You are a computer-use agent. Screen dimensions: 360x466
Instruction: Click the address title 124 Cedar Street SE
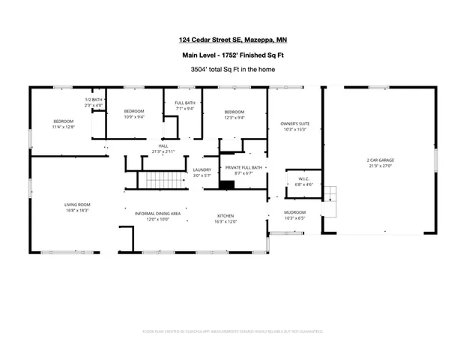[x=232, y=40]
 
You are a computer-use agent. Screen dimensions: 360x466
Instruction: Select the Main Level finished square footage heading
[x=232, y=55]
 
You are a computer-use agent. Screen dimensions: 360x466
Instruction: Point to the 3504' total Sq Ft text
[x=232, y=69]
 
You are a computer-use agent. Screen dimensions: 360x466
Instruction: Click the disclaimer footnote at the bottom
[x=232, y=331]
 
